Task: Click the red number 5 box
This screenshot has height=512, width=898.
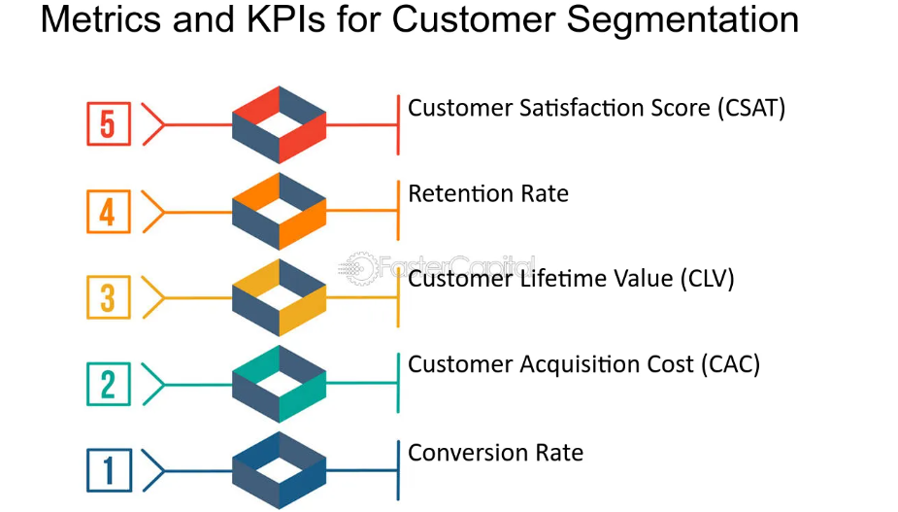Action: point(107,124)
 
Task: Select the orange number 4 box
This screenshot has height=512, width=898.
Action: point(107,211)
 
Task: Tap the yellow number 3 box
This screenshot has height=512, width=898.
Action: point(107,297)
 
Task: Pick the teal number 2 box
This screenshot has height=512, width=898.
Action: point(107,384)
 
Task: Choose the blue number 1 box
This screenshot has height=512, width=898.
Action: point(107,470)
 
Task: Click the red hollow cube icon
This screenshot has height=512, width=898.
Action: point(280,124)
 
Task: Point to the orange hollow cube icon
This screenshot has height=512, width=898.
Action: point(280,211)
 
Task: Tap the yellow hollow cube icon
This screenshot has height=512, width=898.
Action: point(280,297)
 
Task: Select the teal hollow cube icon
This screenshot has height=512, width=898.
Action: point(280,384)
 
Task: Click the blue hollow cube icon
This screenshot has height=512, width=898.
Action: point(280,470)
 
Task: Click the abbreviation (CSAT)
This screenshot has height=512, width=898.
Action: point(751,107)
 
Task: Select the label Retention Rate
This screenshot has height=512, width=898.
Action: point(488,193)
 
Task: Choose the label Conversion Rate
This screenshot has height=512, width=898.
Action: point(495,453)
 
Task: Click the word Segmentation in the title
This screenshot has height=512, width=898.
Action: point(680,19)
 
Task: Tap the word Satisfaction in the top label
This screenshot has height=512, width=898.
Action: point(573,107)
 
